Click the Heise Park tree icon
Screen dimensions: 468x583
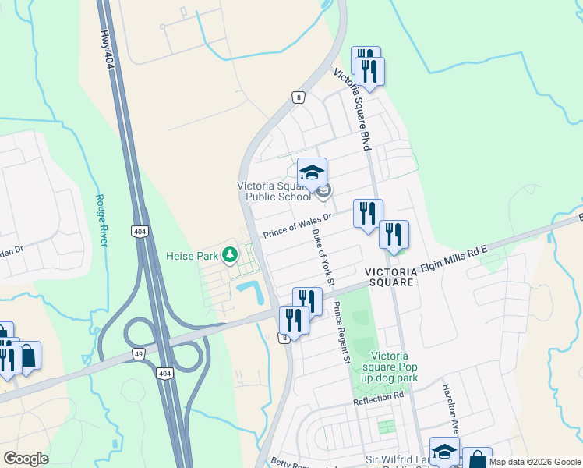click(229, 254)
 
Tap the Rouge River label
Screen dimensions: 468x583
click(101, 221)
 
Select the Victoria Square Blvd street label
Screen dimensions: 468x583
click(352, 109)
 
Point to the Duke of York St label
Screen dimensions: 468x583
click(323, 257)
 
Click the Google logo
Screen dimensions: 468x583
click(26, 459)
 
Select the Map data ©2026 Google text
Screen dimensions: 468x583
click(535, 462)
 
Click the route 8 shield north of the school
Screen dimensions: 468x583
click(298, 97)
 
